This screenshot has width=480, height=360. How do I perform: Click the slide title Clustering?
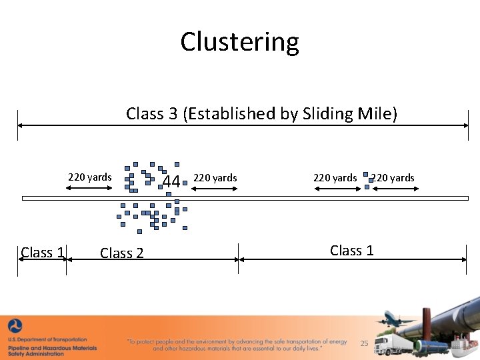(x=239, y=42)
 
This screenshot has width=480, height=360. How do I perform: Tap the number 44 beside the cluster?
(x=171, y=181)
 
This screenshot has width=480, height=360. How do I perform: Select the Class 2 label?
(x=121, y=253)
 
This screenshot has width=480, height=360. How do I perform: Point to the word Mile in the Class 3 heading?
(x=377, y=114)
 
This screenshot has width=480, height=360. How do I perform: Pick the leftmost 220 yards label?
(x=90, y=177)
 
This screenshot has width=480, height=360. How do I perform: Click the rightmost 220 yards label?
(x=393, y=177)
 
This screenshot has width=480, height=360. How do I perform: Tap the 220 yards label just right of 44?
(x=215, y=177)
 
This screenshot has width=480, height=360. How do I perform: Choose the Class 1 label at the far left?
(x=43, y=253)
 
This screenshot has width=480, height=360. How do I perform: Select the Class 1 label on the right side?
(x=352, y=251)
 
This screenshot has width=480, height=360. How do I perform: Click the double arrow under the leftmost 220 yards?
(x=90, y=189)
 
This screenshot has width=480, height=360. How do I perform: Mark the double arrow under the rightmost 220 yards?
(x=395, y=189)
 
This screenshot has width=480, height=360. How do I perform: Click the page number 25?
(x=364, y=343)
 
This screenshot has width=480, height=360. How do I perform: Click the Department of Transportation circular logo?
(x=15, y=327)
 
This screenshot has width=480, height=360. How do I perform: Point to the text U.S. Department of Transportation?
(x=48, y=340)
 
